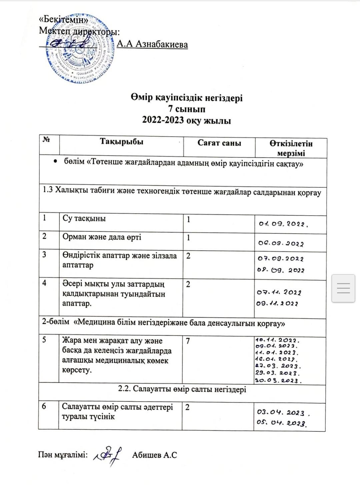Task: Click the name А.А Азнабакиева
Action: click(152, 44)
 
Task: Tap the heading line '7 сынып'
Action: click(187, 109)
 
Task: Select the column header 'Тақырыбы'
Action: click(121, 142)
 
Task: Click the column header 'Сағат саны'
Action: click(219, 143)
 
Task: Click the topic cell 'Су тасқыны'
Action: click(84, 219)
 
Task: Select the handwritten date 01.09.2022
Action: click(283, 224)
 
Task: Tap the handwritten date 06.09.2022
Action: click(281, 243)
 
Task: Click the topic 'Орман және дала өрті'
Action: click(102, 237)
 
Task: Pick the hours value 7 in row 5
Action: click(188, 341)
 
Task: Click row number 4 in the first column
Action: click(44, 283)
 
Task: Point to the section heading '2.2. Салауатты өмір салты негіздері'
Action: click(182, 389)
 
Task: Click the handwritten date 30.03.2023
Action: click(278, 380)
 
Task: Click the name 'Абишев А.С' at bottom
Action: click(154, 455)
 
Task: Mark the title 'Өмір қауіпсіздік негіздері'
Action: click(187, 98)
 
